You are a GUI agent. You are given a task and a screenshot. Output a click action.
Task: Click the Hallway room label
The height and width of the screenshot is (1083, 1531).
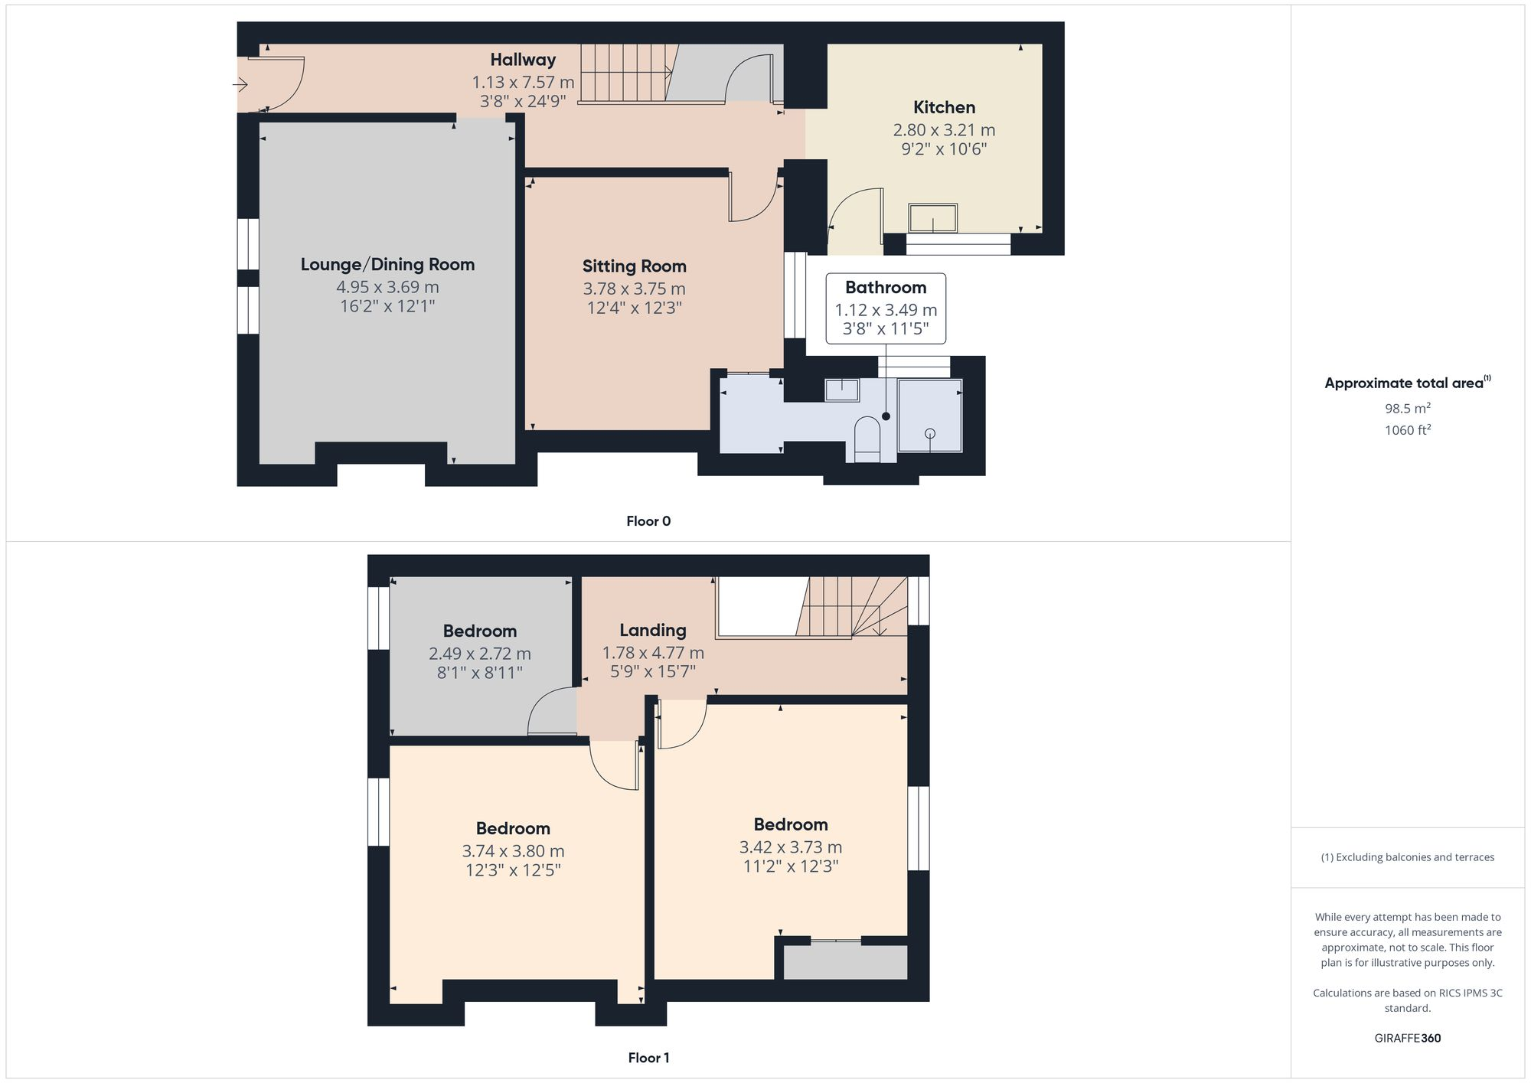(x=523, y=60)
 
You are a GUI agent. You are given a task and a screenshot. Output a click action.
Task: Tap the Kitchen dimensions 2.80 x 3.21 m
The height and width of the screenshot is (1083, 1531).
(x=944, y=130)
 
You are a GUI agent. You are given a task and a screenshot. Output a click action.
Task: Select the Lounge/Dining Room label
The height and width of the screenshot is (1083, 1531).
(x=387, y=265)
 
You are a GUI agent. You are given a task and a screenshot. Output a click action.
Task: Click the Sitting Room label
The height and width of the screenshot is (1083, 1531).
(x=634, y=266)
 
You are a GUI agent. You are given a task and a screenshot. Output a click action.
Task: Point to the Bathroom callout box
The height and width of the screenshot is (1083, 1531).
(x=886, y=308)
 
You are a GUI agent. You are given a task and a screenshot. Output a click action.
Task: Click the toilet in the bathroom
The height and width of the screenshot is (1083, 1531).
(x=867, y=439)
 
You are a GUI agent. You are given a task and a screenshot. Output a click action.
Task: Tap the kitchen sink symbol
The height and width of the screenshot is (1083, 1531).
(x=932, y=218)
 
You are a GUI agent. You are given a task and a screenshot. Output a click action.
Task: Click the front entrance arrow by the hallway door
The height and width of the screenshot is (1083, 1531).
(x=240, y=84)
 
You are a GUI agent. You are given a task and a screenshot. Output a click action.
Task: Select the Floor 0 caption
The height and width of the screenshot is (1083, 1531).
(x=648, y=521)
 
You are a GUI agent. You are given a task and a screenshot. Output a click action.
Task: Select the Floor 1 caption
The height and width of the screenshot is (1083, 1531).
(x=648, y=1058)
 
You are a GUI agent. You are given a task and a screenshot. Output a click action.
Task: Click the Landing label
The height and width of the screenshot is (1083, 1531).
(x=652, y=631)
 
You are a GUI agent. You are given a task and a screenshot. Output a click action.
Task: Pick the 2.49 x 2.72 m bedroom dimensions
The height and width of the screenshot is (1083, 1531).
(x=479, y=654)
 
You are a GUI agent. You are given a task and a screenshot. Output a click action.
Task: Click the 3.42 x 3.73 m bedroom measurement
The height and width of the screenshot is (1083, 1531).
(x=790, y=847)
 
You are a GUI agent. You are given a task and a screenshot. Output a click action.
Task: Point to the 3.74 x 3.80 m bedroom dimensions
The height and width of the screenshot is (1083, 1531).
(x=513, y=851)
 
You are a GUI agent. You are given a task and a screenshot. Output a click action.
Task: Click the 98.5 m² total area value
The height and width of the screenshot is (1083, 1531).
(x=1407, y=409)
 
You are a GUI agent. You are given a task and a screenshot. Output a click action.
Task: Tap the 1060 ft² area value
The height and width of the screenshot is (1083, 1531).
(x=1407, y=430)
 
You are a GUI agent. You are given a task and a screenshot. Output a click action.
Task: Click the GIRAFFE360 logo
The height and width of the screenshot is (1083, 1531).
(x=1407, y=1039)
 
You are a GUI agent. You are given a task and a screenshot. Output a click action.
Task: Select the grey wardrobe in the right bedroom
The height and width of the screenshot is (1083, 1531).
(x=845, y=962)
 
